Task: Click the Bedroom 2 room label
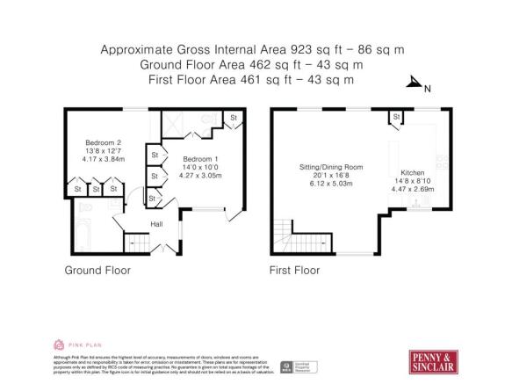(x=102, y=142)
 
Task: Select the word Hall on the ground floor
(x=156, y=224)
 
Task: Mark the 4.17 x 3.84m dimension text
(x=102, y=159)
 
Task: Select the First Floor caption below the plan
(x=294, y=270)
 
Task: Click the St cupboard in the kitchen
(x=397, y=117)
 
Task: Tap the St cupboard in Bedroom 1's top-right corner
(x=234, y=118)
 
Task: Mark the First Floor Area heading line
(x=256, y=80)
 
